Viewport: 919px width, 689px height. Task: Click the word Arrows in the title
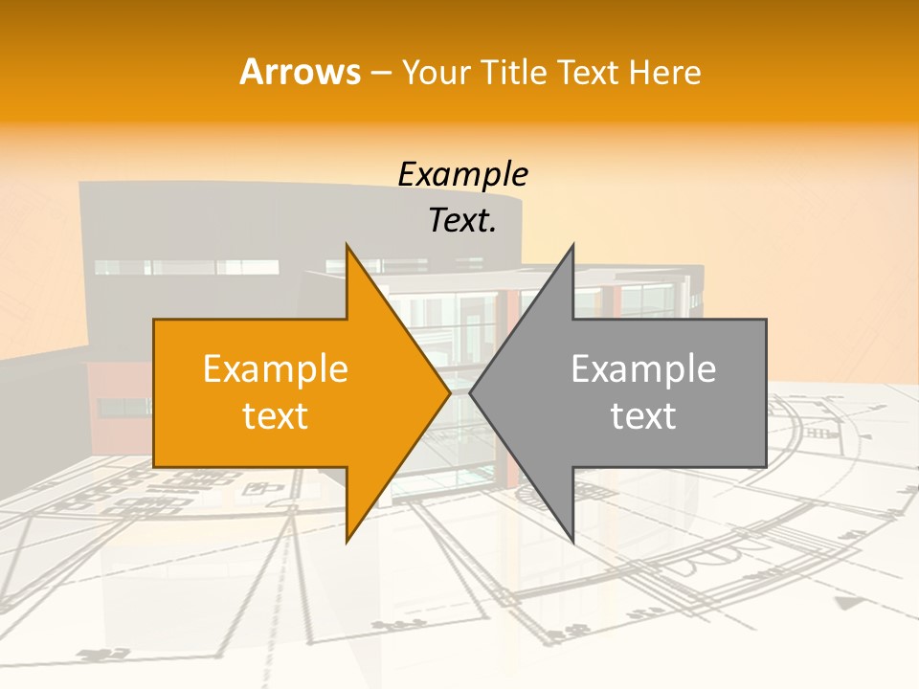(301, 72)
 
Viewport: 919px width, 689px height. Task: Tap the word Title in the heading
(518, 73)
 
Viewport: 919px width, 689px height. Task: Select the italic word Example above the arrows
(462, 175)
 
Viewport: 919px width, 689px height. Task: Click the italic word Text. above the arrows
(462, 221)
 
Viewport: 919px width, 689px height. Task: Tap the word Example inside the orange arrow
(276, 369)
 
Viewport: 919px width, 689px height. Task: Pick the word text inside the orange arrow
(276, 416)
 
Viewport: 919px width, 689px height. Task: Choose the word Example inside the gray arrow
(643, 369)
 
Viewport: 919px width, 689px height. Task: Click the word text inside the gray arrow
(643, 416)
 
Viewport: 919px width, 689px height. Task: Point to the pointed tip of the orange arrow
(449, 392)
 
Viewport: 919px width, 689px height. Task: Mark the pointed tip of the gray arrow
(471, 392)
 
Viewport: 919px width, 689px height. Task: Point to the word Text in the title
(586, 73)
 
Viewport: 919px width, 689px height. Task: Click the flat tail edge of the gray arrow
(766, 392)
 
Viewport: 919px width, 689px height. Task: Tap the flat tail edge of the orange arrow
(154, 392)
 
